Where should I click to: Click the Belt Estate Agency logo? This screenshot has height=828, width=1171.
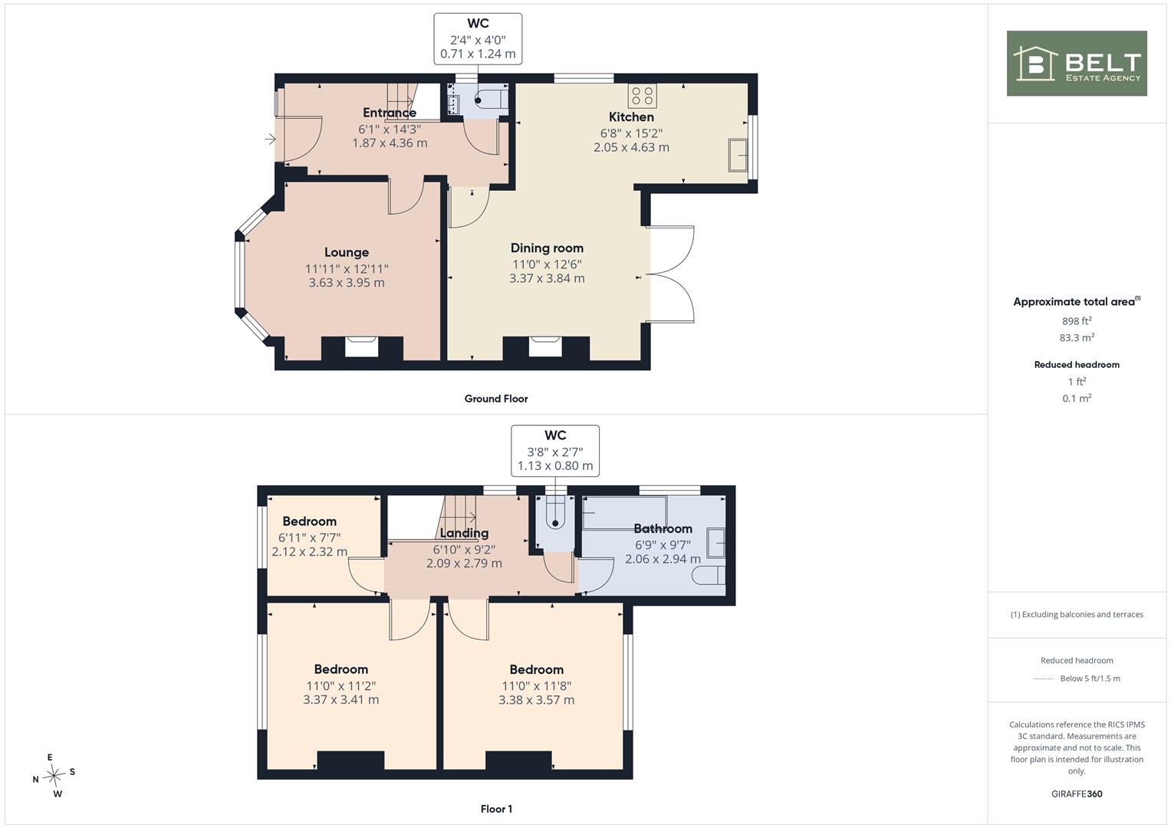coord(1077,63)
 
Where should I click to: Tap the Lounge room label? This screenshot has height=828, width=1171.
coord(347,252)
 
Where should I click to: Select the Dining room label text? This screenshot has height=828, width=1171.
coord(547,248)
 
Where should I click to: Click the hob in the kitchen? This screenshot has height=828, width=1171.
coord(643,96)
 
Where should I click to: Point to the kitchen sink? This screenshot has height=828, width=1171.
coord(738,155)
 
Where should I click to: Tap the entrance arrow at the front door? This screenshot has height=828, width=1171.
coord(270,139)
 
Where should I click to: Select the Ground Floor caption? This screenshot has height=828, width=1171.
coord(496,399)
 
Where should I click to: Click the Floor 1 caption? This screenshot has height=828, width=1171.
coord(496,809)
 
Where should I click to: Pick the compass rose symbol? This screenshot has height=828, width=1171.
coord(54,775)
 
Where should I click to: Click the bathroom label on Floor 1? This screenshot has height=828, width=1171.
coord(663,528)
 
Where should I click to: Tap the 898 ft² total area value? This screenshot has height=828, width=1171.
coord(1077,321)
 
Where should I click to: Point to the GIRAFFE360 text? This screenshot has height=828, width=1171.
coord(1077,794)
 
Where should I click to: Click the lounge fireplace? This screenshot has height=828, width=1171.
coord(362,347)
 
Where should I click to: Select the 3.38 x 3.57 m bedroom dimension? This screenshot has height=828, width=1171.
coord(536,700)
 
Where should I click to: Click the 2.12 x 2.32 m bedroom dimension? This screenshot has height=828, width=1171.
coord(310,551)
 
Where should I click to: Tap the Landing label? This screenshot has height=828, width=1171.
coord(464,533)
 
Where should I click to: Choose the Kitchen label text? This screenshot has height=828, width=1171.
coord(631,117)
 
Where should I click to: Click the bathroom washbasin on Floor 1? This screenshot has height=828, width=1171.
coord(715,543)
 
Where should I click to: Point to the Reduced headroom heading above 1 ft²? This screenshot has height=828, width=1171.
coord(1077,365)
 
